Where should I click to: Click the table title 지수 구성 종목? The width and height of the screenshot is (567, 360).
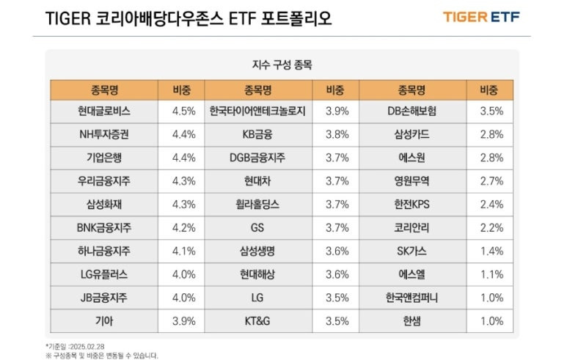282,65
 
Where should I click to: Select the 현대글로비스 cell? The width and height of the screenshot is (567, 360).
103,111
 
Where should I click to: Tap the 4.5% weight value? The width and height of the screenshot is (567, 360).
183,111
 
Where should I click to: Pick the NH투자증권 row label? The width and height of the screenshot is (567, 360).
103,134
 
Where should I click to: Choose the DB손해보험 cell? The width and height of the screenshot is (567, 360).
411,111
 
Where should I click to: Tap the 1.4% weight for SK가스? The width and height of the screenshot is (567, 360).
491,251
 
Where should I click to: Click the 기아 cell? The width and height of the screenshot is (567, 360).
103,320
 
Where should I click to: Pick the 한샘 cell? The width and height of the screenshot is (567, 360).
411,320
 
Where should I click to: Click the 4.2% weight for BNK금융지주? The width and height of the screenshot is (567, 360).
183,227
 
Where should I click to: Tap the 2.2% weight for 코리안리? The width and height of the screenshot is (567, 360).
491,227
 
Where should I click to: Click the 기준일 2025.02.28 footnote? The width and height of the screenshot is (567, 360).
76,344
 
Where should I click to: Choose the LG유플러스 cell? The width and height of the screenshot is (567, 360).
103,274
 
